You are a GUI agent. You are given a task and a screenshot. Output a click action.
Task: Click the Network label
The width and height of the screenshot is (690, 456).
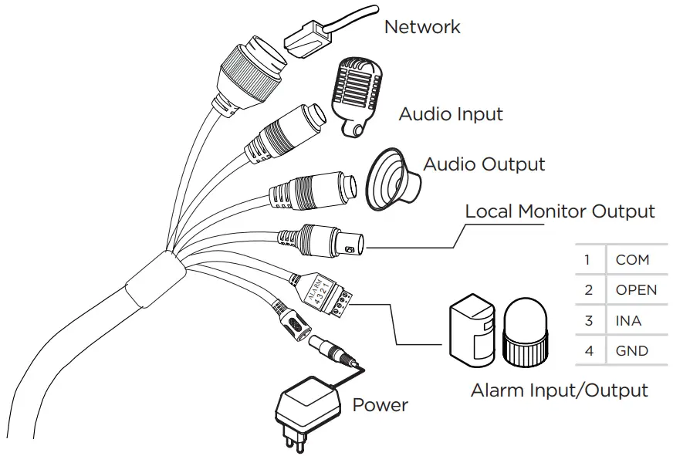coord(421,27)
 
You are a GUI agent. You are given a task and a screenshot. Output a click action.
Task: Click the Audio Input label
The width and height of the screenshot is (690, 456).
coord(451,115)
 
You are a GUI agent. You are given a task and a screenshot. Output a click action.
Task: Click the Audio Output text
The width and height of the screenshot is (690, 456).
coord(484,164)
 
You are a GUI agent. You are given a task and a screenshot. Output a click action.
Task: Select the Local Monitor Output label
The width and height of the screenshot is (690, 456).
coord(560,211)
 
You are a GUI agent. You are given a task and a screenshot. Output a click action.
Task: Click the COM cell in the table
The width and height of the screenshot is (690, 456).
coord(632,260)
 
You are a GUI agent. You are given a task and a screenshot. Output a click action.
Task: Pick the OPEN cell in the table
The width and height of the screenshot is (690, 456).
coord(636,291)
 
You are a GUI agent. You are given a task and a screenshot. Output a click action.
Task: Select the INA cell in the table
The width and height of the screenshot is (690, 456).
coord(628,321)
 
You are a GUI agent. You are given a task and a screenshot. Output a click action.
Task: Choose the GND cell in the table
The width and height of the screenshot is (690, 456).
coord(631,351)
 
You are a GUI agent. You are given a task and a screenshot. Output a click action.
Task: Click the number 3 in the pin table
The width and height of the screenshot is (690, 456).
coord(589,321)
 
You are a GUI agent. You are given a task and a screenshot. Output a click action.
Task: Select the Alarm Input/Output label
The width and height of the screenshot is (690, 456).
coord(559,390)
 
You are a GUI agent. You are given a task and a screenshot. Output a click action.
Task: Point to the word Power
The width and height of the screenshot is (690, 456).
coord(380,405)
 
